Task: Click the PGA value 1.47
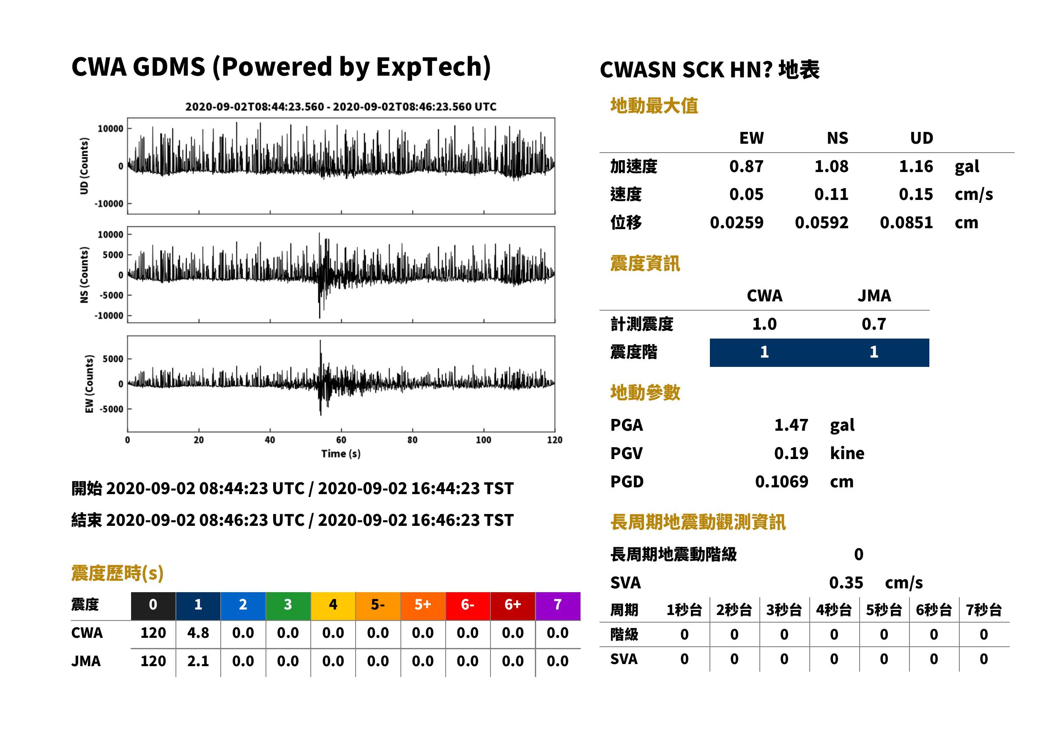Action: coord(791,425)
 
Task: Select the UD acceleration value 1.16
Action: coord(916,166)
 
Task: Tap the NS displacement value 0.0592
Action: coord(822,223)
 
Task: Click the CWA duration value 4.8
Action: coord(198,633)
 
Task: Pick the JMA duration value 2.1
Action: coord(198,662)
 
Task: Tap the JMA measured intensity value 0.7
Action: coord(874,324)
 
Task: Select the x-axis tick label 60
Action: coord(341,440)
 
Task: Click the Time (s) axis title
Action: coord(341,454)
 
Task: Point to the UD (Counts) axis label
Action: coord(84,166)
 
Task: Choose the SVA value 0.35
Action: coord(846,583)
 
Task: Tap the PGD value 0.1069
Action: coord(781,482)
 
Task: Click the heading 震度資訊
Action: coord(645,264)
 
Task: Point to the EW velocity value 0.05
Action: coord(746,194)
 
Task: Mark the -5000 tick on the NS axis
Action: coord(112,295)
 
